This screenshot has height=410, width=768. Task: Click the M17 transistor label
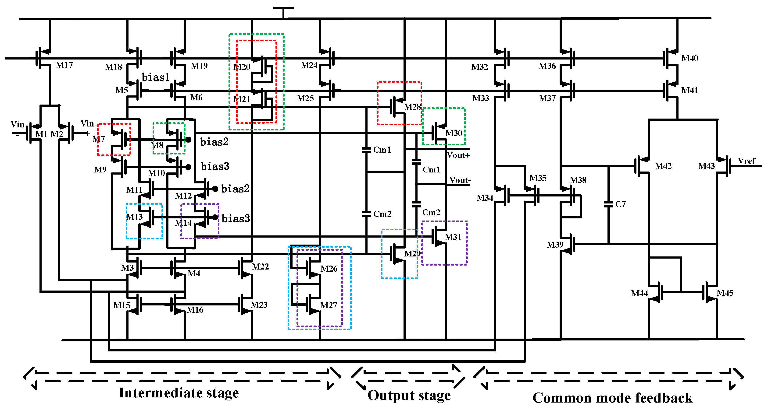(64, 65)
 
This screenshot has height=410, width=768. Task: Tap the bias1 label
(155, 77)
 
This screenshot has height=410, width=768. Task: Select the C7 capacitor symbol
(608, 204)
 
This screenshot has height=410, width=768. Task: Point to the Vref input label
(746, 161)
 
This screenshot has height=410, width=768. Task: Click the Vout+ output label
(458, 155)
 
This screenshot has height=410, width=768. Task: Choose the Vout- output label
(460, 180)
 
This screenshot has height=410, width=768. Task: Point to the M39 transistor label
(555, 245)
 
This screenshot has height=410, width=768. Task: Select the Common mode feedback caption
(612, 398)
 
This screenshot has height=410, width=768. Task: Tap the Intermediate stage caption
(179, 393)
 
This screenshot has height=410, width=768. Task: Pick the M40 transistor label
(689, 58)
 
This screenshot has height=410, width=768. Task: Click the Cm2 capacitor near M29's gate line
(366, 214)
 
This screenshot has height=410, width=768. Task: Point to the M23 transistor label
(259, 305)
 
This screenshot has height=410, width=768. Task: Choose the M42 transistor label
(663, 166)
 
